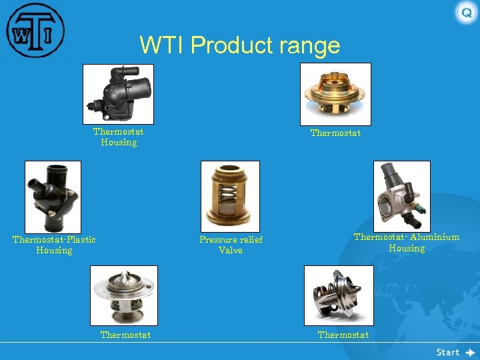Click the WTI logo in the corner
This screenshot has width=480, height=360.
(x=35, y=31)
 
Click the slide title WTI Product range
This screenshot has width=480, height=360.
(x=239, y=45)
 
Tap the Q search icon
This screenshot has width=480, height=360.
(x=466, y=13)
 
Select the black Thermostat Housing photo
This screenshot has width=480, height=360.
(x=118, y=94)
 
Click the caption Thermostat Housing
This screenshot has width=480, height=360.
(x=118, y=137)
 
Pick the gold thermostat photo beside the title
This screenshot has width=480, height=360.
(x=335, y=94)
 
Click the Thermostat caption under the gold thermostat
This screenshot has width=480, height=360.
(x=335, y=133)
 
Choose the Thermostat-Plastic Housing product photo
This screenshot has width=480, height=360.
(x=53, y=197)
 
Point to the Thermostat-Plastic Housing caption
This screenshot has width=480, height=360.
(x=54, y=245)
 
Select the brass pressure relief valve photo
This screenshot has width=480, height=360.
(x=230, y=197)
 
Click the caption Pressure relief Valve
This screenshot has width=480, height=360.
(x=231, y=245)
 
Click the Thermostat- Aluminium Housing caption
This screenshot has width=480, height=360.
(x=406, y=243)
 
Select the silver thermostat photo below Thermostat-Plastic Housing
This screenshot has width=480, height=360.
(x=124, y=295)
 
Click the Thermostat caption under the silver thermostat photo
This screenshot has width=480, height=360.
(x=125, y=335)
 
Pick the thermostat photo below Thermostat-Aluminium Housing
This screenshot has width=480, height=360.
(x=339, y=295)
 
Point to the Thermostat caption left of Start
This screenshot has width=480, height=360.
(x=343, y=335)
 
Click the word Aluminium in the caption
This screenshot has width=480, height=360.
(x=435, y=237)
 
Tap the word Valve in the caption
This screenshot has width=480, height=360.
(x=231, y=251)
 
